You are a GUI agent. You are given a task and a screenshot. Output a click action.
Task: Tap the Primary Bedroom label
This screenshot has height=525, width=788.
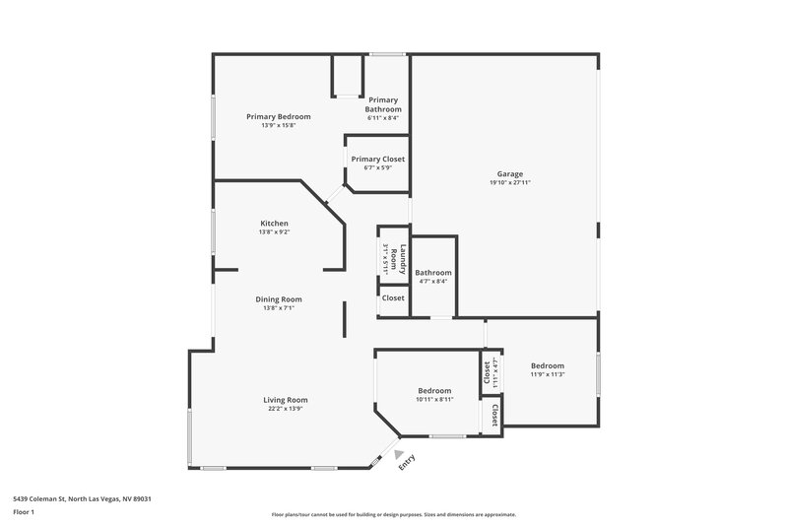point(279,116)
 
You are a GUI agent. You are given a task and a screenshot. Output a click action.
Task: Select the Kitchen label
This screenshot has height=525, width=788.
point(274,224)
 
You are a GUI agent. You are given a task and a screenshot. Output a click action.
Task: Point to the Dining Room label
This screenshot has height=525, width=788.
point(279,299)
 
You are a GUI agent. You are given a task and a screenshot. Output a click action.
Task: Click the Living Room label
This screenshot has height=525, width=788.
point(286,400)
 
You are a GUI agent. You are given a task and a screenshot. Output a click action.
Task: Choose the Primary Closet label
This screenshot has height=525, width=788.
point(378,159)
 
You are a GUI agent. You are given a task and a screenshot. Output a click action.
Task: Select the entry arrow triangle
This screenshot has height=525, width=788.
point(398,455)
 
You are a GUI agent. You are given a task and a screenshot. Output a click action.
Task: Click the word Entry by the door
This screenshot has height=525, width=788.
point(408,461)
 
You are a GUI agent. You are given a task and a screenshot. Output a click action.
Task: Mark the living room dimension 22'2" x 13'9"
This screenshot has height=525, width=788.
point(286,409)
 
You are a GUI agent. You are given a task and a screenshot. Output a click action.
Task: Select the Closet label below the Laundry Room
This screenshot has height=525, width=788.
point(393,297)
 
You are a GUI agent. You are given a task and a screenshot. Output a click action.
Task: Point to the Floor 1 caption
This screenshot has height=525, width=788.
point(24,512)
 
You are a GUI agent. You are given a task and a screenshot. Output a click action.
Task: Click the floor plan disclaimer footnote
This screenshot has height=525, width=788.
point(393,514)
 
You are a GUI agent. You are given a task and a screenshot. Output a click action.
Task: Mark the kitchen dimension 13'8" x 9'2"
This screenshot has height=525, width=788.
point(274,232)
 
